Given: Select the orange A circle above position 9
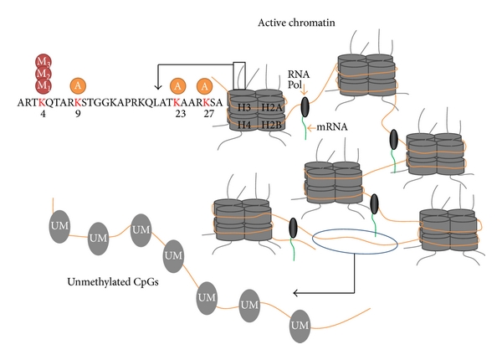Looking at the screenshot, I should tap(78, 86).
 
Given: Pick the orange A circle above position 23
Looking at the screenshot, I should tap(177, 86).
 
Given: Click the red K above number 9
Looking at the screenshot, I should tap(78, 105).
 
